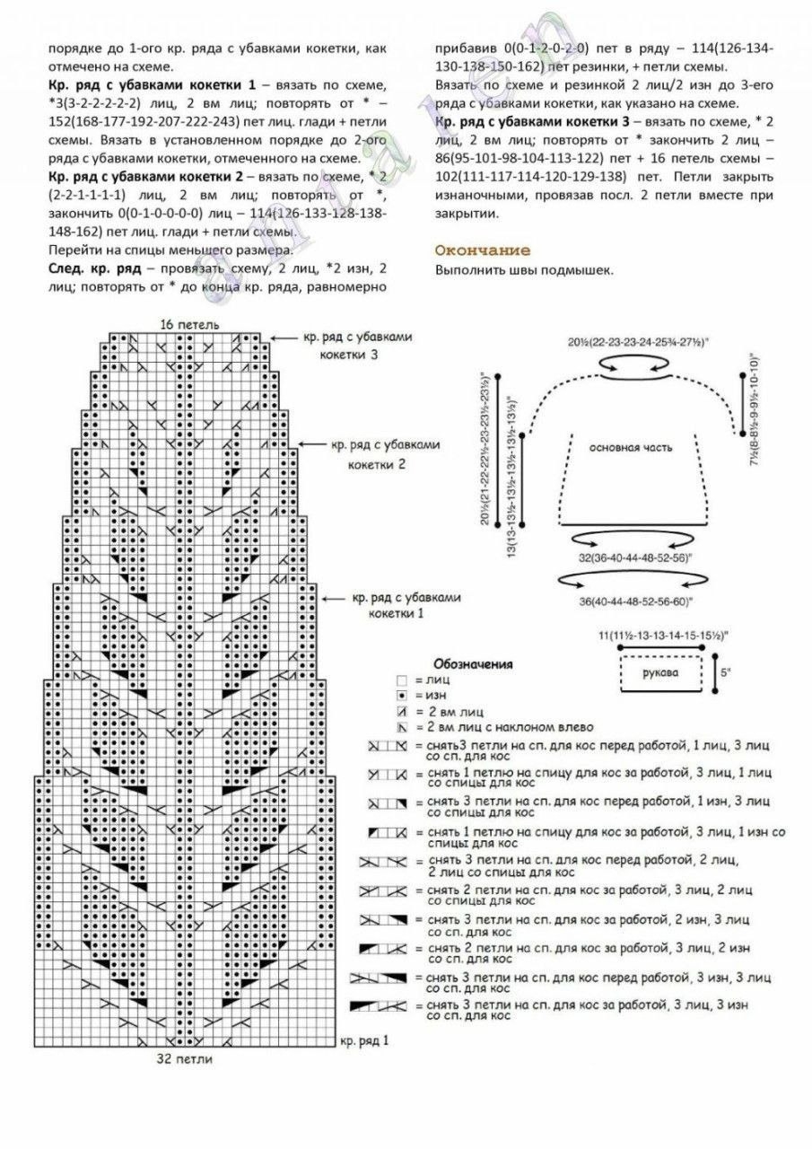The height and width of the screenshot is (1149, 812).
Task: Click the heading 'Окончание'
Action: pyautogui.click(x=482, y=250)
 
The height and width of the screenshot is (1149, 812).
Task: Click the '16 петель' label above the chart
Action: pyautogui.click(x=189, y=324)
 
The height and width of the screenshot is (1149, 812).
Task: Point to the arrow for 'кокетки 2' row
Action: pyautogui.click(x=310, y=444)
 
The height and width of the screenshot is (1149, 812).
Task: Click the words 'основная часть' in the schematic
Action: pyautogui.click(x=631, y=446)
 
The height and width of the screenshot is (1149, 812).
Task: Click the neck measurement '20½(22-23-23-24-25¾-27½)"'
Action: pyautogui.click(x=637, y=342)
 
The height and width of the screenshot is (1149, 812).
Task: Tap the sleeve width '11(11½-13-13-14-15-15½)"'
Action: pyautogui.click(x=661, y=636)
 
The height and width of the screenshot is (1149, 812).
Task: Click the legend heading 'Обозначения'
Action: pyautogui.click(x=473, y=664)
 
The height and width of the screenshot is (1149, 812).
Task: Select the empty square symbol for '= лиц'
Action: pyautogui.click(x=402, y=681)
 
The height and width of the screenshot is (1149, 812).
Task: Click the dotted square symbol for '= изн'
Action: pyautogui.click(x=402, y=696)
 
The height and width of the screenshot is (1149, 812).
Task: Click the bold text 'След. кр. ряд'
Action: pyautogui.click(x=88, y=268)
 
